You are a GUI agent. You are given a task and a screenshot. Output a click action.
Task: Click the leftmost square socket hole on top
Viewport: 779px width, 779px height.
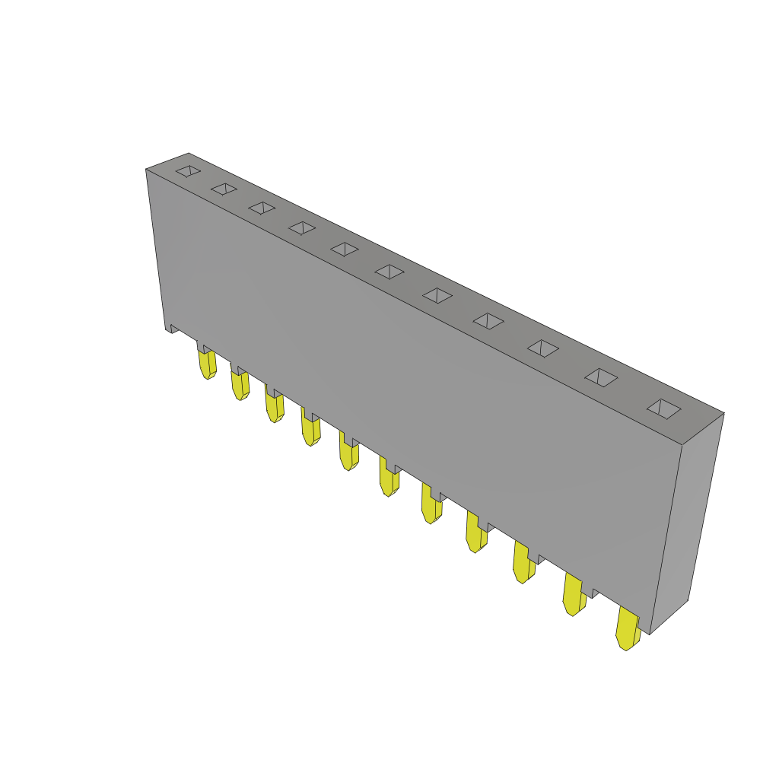click(x=188, y=171)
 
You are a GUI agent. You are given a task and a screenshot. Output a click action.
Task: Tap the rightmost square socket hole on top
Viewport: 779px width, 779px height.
click(x=664, y=409)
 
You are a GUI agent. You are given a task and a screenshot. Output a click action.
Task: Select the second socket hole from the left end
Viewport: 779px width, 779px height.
click(x=224, y=189)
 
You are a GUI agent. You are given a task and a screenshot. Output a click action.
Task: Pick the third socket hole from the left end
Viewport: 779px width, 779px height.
click(x=262, y=208)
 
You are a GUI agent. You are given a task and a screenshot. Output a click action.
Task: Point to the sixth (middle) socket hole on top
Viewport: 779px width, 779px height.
click(x=389, y=272)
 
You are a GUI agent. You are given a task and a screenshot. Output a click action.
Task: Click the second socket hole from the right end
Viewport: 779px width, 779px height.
click(x=601, y=377)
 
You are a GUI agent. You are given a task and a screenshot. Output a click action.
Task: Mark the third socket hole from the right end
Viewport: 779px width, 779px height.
click(x=543, y=348)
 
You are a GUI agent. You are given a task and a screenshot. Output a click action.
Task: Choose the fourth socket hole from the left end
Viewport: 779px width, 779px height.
click(x=302, y=228)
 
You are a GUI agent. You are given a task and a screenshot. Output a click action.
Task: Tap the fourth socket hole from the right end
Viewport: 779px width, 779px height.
click(x=488, y=321)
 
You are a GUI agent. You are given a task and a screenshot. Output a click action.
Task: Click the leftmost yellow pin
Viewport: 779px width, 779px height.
click(x=207, y=364)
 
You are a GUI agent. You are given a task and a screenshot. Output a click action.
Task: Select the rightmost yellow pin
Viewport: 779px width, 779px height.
click(x=627, y=628)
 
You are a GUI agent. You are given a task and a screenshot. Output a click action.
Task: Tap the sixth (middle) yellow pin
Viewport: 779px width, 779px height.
click(x=389, y=479)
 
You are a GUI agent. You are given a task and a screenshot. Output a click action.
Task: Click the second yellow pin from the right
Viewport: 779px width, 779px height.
click(x=574, y=595)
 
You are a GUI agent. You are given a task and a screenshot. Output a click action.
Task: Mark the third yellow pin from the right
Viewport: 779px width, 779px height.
click(x=523, y=563)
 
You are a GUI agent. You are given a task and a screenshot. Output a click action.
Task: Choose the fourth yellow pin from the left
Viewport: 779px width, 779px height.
click(x=310, y=430)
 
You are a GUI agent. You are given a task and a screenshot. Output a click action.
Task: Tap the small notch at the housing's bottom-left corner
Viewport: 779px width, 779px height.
click(x=172, y=329)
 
